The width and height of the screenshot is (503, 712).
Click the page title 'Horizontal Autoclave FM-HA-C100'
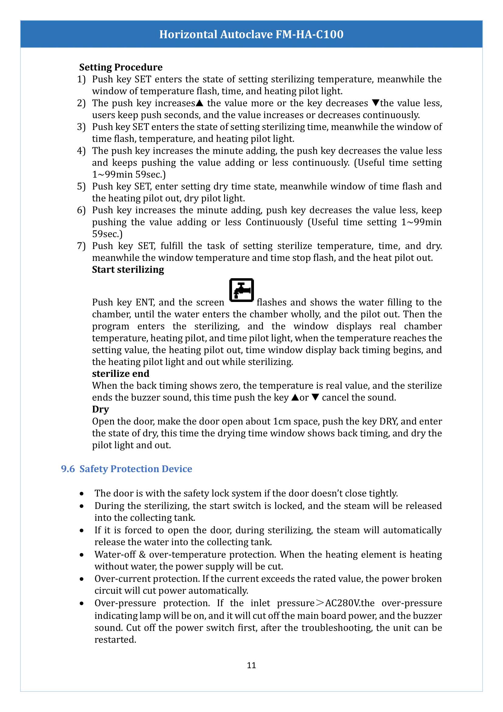tap(251, 34)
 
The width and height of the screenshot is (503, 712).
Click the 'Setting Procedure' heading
tap(121, 67)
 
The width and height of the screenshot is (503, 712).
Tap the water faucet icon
tap(241, 290)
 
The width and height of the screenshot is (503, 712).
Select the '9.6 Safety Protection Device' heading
tap(127, 469)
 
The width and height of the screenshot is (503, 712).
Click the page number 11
tap(251, 665)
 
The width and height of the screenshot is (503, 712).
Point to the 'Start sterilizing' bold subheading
tap(128, 270)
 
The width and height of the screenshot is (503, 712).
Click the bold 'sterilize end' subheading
tap(120, 374)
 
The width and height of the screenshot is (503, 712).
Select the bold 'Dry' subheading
tap(100, 409)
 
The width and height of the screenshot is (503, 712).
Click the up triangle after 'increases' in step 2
tap(199, 103)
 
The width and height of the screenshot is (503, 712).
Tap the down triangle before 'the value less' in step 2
tap(375, 103)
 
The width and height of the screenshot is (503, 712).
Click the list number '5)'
tap(81, 186)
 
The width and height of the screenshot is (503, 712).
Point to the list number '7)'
tap(81, 246)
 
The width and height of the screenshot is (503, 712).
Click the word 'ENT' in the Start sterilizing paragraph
tap(145, 302)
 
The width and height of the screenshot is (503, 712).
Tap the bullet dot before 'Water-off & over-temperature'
tap(82, 555)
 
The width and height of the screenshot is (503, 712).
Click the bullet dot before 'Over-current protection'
tap(82, 579)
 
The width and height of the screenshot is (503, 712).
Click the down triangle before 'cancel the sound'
tap(315, 397)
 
